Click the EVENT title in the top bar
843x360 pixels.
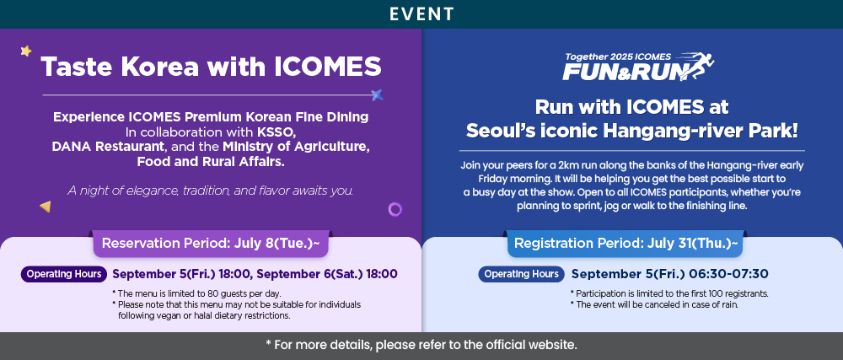(x=422, y=14)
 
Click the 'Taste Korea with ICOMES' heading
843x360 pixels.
(x=211, y=67)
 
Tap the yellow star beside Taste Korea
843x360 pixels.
(x=26, y=51)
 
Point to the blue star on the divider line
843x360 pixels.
(x=378, y=95)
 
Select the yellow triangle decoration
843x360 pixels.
(x=46, y=207)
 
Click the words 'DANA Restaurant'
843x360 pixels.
(x=108, y=146)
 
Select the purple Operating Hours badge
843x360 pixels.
(x=64, y=274)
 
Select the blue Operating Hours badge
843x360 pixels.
(x=522, y=274)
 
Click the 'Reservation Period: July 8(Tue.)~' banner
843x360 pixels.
(x=211, y=244)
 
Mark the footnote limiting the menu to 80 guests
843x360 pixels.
(x=196, y=293)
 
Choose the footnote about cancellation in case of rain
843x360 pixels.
(x=654, y=304)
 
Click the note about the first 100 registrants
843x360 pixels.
(x=668, y=293)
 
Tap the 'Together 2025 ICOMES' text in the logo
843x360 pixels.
(x=618, y=56)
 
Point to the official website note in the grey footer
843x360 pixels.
(x=421, y=345)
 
